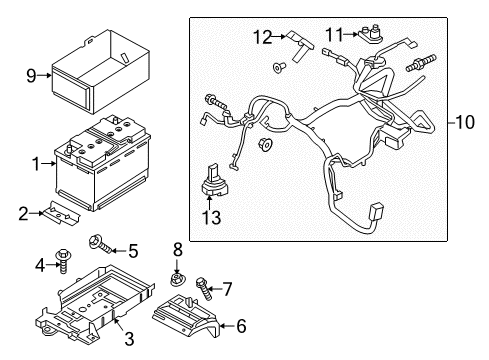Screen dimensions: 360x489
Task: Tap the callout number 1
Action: pos(36,162)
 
